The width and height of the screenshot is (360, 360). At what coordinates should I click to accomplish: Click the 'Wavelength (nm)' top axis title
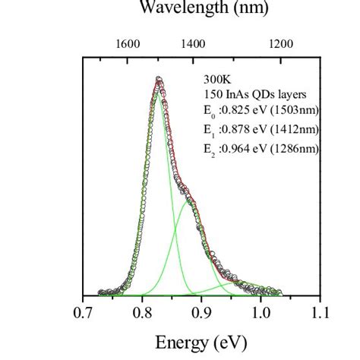click(x=202, y=10)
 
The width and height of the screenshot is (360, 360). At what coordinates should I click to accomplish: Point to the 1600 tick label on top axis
click(x=128, y=44)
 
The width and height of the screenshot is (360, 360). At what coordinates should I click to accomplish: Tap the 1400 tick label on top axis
click(x=194, y=44)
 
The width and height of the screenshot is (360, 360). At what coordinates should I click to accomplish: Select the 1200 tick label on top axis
click(x=281, y=44)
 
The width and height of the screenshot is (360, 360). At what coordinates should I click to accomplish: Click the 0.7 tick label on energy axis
click(x=82, y=311)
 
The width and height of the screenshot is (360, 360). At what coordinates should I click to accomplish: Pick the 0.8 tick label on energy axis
click(x=142, y=311)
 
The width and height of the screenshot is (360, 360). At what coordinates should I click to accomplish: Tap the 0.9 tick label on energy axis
click(x=201, y=311)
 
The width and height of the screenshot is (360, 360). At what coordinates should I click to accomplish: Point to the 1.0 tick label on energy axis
click(x=261, y=311)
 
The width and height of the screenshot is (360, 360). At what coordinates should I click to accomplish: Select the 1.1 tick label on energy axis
click(x=320, y=311)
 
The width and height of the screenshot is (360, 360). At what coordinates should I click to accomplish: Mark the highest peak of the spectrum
click(x=158, y=79)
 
